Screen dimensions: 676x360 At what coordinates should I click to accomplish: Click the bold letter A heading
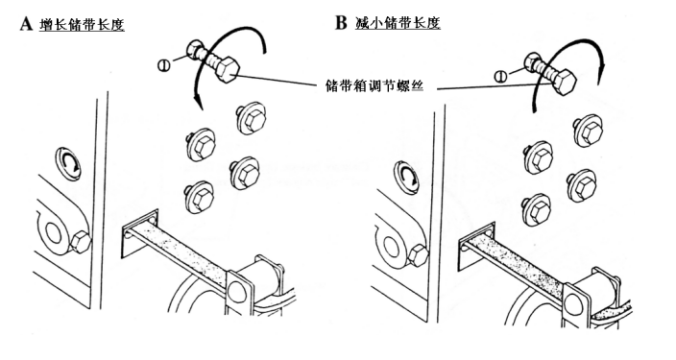coord(26,23)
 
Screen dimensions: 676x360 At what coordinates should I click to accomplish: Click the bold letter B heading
coord(341,22)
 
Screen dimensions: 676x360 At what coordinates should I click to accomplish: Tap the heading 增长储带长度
coord(82,24)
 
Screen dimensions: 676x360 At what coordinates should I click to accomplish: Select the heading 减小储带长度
coord(398,22)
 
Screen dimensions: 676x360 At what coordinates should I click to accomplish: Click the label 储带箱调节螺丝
coord(374,85)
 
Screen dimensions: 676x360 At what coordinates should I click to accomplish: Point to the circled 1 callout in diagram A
coord(164,66)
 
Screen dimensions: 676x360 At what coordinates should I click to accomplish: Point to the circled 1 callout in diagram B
coord(500,77)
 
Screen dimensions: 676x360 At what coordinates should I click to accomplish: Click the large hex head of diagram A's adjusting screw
coord(226,69)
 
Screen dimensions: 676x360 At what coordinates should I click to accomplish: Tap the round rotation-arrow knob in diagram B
coord(405,176)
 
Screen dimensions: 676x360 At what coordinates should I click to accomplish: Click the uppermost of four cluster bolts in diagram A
coord(252,118)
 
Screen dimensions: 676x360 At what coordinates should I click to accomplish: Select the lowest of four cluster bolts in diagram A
coord(199,196)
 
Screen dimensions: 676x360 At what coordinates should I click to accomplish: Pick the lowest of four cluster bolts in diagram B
coord(537,210)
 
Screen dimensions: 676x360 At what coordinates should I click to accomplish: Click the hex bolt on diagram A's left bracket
coord(81,241)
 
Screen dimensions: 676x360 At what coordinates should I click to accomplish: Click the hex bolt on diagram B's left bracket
coord(418,254)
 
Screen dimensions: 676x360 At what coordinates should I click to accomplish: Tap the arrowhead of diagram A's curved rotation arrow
coord(199,104)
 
